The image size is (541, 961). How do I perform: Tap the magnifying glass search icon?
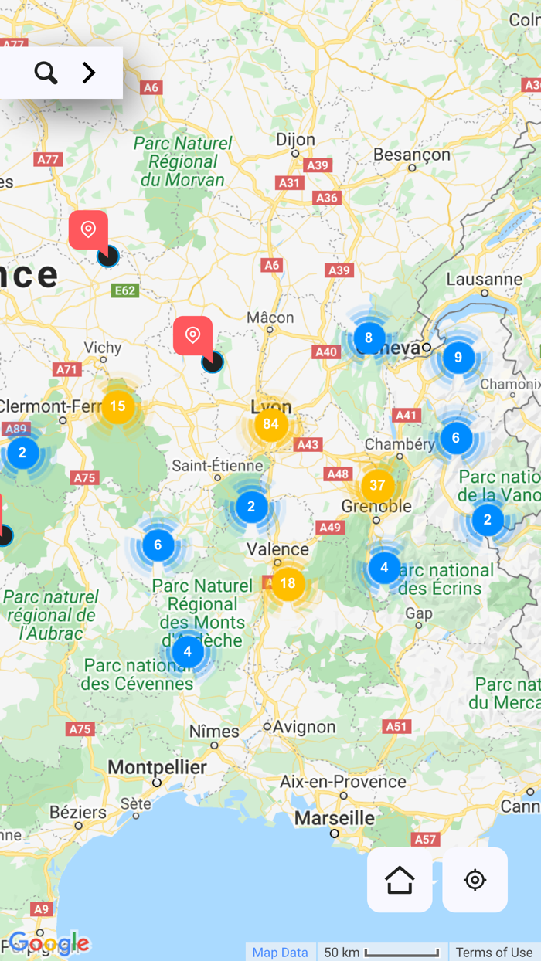(46, 73)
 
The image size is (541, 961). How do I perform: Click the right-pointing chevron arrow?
(89, 73)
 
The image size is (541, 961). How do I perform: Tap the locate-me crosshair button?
(475, 880)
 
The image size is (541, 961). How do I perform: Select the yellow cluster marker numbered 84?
(270, 424)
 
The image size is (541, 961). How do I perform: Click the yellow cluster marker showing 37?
(377, 485)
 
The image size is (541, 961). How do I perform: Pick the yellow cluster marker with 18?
(288, 583)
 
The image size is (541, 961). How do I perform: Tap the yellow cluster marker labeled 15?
(117, 406)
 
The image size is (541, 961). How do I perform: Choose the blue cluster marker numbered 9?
(458, 358)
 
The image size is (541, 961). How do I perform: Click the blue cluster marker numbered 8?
(369, 338)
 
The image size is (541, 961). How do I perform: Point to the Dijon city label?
(295, 140)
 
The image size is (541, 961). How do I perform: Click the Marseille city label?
(334, 817)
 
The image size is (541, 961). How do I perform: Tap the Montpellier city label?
(157, 767)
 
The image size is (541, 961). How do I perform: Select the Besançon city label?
(411, 155)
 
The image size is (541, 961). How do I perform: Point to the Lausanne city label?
(484, 279)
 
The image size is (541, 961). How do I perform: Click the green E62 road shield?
(124, 290)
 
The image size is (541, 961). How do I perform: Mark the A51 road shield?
(396, 726)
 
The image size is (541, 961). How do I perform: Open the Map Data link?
(280, 953)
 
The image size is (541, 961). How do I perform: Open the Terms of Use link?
(494, 953)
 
